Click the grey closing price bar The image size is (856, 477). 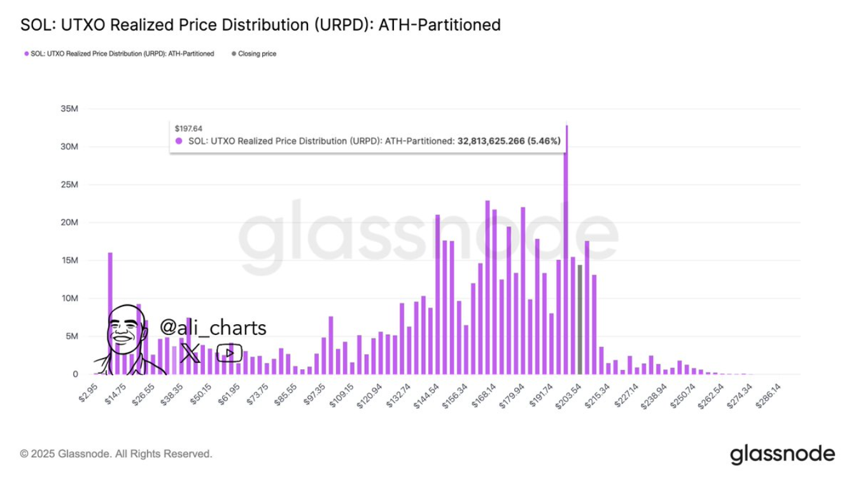580,320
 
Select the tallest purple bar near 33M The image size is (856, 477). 566,255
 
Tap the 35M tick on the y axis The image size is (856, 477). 69,108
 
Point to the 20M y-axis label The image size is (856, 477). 69,222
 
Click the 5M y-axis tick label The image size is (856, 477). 71,336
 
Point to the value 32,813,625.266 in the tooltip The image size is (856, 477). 491,141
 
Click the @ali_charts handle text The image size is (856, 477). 213,328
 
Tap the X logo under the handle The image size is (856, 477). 190,352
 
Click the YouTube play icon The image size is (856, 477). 228,352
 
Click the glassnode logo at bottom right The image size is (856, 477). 782,454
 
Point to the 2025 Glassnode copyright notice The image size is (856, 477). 116,454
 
